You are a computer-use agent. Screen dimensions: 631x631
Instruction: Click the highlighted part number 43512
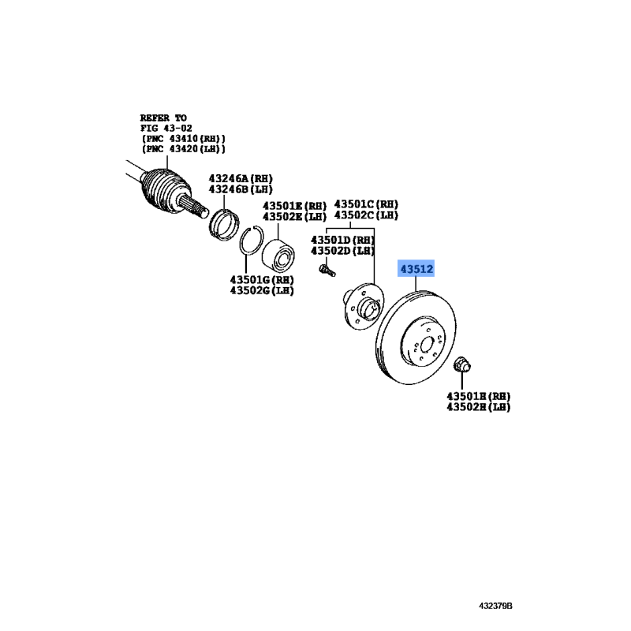pyautogui.click(x=416, y=268)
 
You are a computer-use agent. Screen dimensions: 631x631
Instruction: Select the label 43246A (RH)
pyautogui.click(x=241, y=178)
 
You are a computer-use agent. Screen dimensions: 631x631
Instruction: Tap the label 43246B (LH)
pyautogui.click(x=241, y=189)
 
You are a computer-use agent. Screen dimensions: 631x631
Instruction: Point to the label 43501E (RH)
pyautogui.click(x=294, y=206)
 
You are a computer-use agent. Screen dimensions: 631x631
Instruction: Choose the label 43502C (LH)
pyautogui.click(x=366, y=215)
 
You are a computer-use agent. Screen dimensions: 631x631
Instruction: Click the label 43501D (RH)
pyautogui.click(x=342, y=240)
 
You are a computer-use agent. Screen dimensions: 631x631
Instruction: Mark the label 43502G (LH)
pyautogui.click(x=262, y=290)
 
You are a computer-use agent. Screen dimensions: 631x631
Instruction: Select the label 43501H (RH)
pyautogui.click(x=479, y=396)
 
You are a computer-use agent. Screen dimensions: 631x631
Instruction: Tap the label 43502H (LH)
pyautogui.click(x=479, y=407)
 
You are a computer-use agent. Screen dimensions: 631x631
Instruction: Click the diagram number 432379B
pyautogui.click(x=495, y=606)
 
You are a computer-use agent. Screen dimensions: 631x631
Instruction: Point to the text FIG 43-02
pyautogui.click(x=166, y=128)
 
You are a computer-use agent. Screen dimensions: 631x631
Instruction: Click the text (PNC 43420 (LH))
pyautogui.click(x=183, y=149)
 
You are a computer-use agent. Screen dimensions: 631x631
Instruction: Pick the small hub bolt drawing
pyautogui.click(x=327, y=270)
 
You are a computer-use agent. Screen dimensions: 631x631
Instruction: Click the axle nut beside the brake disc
pyautogui.click(x=462, y=364)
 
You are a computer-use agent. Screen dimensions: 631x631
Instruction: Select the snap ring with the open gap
pyautogui.click(x=252, y=241)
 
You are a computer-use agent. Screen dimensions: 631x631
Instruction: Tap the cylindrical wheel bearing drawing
pyautogui.click(x=278, y=254)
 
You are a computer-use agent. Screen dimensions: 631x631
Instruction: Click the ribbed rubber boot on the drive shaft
pyautogui.click(x=166, y=189)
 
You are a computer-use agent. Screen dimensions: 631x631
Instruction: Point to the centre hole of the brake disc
pyautogui.click(x=427, y=345)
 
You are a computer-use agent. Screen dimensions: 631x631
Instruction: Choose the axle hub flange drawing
pyautogui.click(x=363, y=307)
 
